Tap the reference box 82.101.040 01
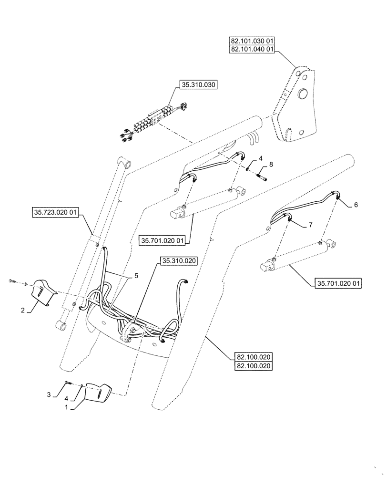pos(252,49)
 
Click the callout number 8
pos(271,165)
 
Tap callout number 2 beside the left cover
pos(22,310)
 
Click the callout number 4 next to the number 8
pos(261,158)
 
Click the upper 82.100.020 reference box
pos(253,357)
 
